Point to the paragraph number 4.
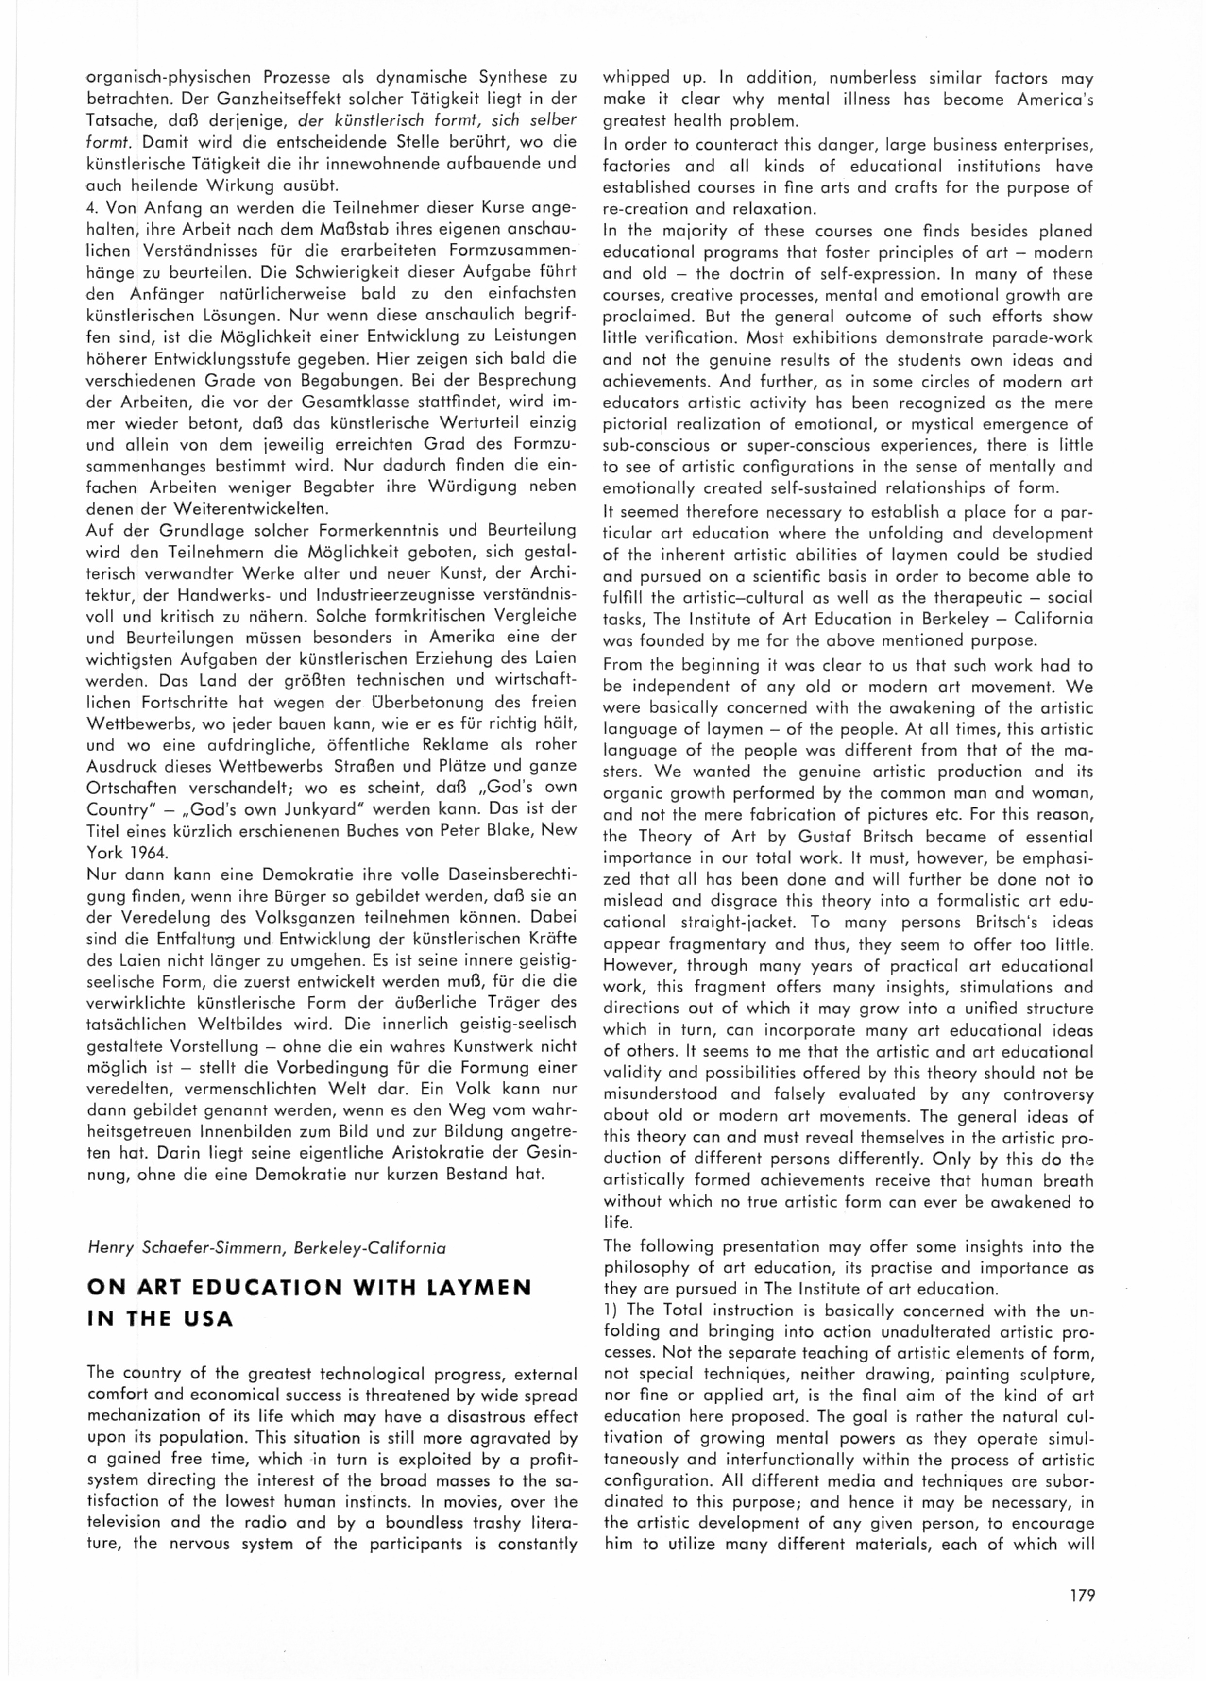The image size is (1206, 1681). pos(90,207)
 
